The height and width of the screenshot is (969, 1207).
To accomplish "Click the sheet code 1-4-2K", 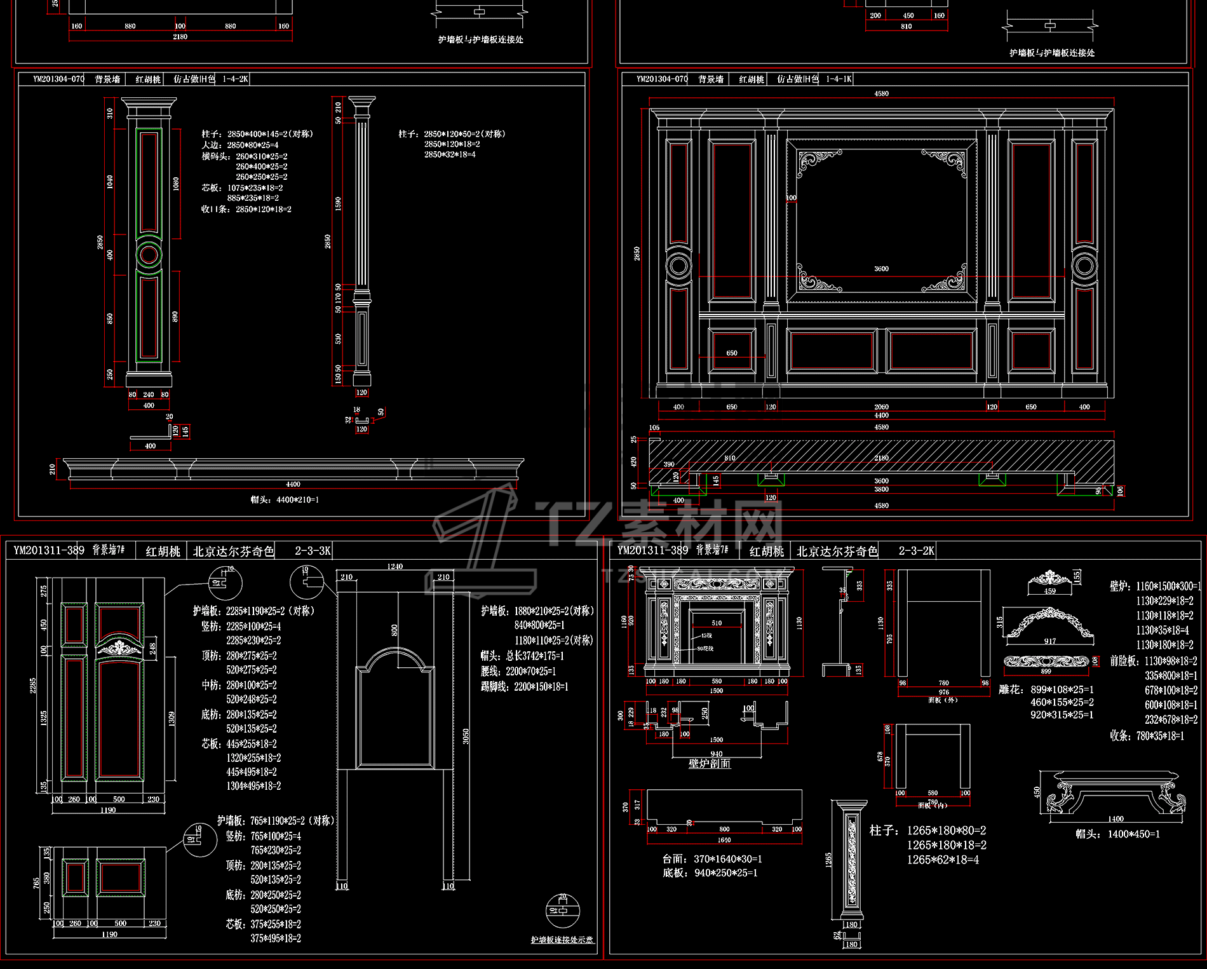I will pos(235,79).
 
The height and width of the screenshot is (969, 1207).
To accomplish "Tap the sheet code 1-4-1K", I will pos(839,79).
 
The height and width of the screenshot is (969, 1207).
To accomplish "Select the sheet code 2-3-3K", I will pos(313,551).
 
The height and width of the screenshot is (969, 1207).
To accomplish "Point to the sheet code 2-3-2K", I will pos(916,551).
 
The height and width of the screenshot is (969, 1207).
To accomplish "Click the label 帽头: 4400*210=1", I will pos(285,500).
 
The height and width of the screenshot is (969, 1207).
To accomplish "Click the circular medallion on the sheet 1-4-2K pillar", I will pos(149,255).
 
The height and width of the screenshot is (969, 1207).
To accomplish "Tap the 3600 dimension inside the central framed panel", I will pos(881,269).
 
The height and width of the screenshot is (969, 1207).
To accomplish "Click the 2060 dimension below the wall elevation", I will pos(881,407).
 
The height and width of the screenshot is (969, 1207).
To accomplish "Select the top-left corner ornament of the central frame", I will pos(818,160).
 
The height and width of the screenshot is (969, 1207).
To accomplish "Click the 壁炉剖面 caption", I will pos(710,763).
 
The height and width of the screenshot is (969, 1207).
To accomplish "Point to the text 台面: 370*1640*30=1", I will pos(712,859).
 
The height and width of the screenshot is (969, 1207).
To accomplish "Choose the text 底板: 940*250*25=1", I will pos(710,873).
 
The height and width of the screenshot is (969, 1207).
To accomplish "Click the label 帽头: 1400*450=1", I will pos(1117,834).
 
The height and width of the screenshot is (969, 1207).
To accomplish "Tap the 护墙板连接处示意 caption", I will pos(562,940).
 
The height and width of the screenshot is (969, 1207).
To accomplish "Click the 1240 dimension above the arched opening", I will pos(395,566).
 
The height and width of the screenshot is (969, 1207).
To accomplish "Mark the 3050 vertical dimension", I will pos(466,736).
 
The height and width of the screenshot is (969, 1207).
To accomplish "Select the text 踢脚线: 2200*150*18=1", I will pos(524,687).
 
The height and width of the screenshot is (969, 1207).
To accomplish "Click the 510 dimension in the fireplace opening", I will pos(717,623).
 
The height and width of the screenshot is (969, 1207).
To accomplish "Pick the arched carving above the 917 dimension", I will pos(1049,624).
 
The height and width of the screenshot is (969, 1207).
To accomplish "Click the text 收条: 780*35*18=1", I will pos(1147,736).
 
